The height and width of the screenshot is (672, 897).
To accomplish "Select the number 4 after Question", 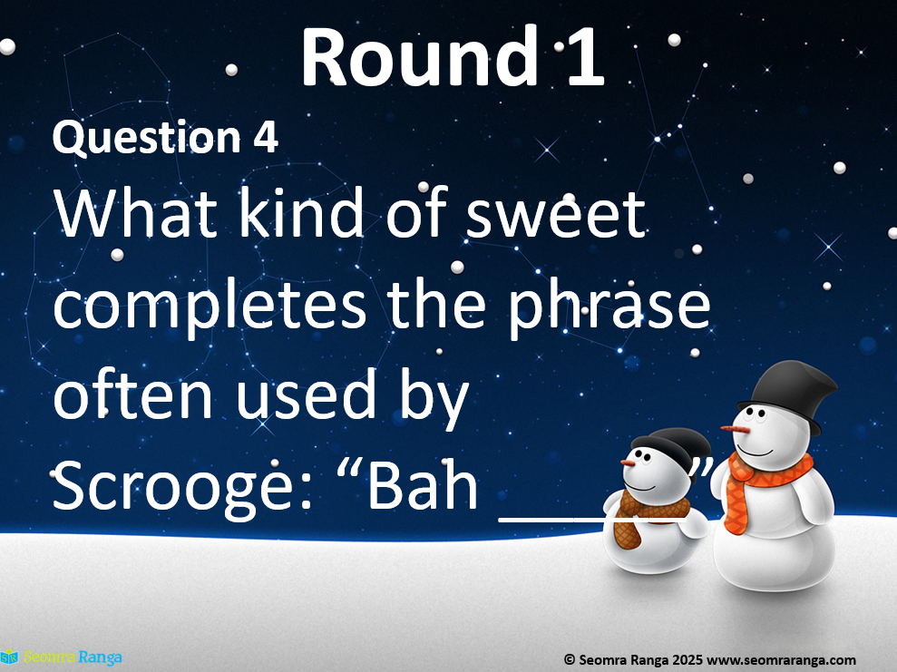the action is (266, 137).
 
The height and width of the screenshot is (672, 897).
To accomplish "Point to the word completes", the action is (210, 305).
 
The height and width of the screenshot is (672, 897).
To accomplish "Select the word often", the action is (132, 393).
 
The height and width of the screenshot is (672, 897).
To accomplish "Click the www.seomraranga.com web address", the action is (782, 660).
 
